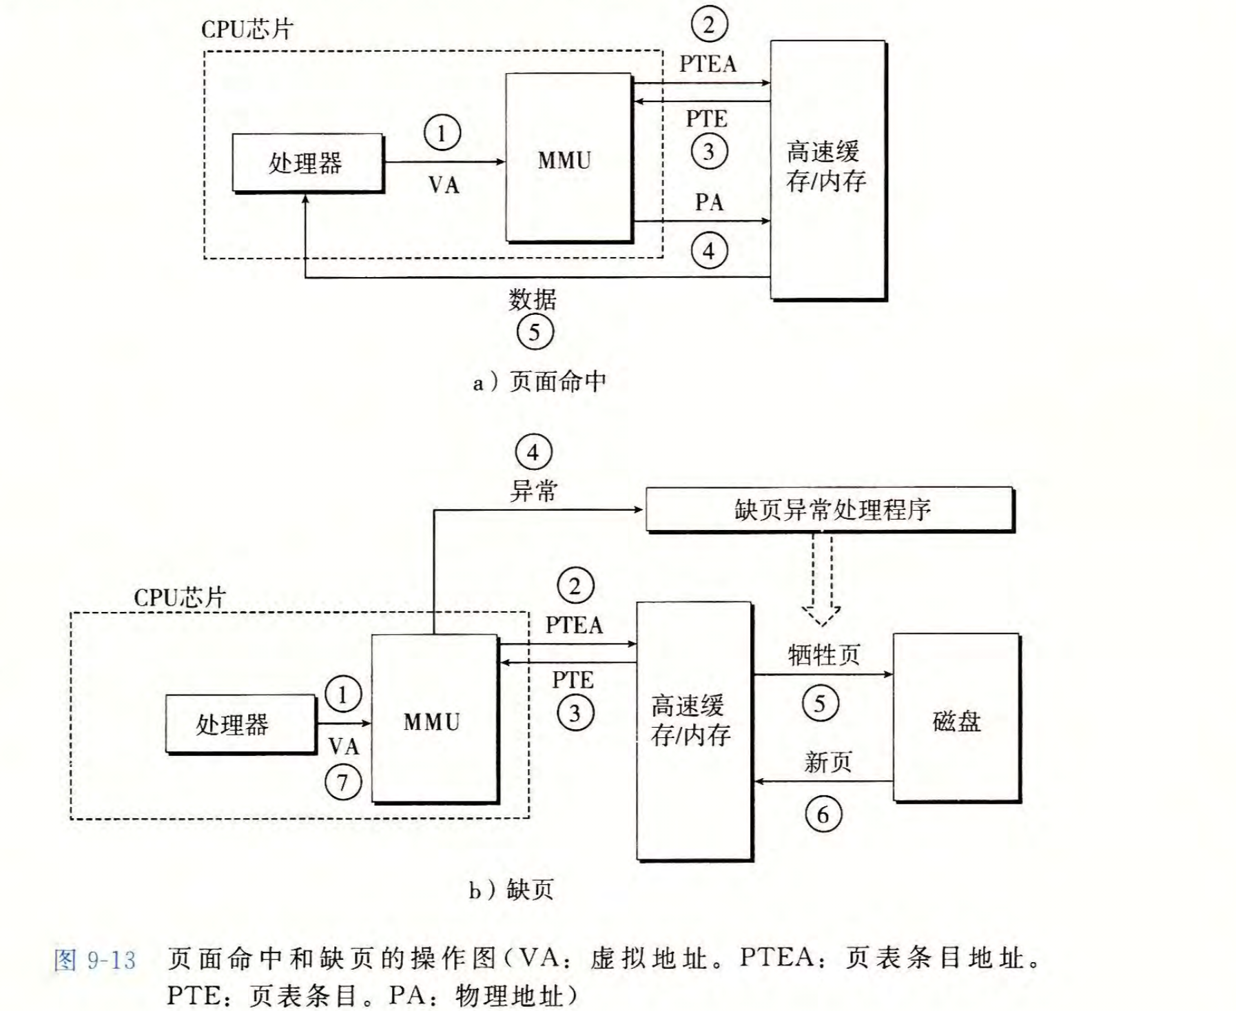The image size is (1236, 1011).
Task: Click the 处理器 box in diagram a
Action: pyautogui.click(x=307, y=163)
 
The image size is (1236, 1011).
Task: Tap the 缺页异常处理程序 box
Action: pyautogui.click(x=830, y=509)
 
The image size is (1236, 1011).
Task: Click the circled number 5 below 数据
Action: pyautogui.click(x=535, y=332)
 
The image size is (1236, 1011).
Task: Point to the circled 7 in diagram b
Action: pyautogui.click(x=343, y=782)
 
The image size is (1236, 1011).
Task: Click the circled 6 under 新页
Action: pyautogui.click(x=823, y=815)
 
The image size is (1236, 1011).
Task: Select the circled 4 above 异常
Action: pyautogui.click(x=533, y=453)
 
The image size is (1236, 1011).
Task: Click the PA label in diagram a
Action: pyautogui.click(x=709, y=203)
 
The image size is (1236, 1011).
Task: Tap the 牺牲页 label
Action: pyautogui.click(x=824, y=655)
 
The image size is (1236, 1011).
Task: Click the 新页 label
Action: pyautogui.click(x=827, y=762)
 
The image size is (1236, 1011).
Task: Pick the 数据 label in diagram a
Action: pyautogui.click(x=533, y=300)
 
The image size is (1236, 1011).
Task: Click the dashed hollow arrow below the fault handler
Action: pyautogui.click(x=821, y=579)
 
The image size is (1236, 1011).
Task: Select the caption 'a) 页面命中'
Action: pyautogui.click(x=539, y=381)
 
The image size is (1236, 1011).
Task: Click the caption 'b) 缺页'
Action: pyautogui.click(x=511, y=890)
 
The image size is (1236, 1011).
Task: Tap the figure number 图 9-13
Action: pyautogui.click(x=95, y=960)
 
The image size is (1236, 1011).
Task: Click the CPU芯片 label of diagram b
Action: pyautogui.click(x=180, y=597)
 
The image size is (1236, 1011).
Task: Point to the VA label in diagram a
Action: pyautogui.click(x=443, y=185)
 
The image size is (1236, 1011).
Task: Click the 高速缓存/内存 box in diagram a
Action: pyautogui.click(x=827, y=170)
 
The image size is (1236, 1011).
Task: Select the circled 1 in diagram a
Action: pyautogui.click(x=442, y=132)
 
